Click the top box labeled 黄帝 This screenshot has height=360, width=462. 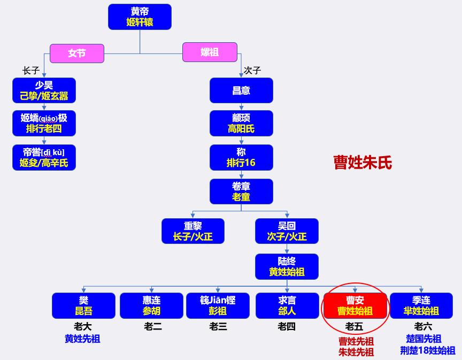pos(140,17)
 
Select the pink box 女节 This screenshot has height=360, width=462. pos(77,53)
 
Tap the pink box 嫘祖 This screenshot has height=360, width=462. pos(210,52)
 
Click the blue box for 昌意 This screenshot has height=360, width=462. pos(241,90)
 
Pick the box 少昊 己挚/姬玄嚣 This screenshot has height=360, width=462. pos(44,90)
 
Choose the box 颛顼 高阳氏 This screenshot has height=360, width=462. pos(241,123)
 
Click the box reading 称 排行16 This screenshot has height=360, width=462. pos(241,157)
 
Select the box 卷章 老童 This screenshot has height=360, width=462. pos(241,192)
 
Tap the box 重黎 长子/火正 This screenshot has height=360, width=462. pos(193,231)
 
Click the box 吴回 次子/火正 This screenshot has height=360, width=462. pos(287,231)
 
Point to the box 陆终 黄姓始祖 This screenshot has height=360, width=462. pos(287,266)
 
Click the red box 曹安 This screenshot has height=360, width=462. pos(355,305)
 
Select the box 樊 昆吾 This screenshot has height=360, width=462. pos(83,305)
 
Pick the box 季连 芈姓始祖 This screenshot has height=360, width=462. pos(421,305)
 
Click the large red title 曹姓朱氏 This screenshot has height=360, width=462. pos(363,163)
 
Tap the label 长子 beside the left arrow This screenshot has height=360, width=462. pos(30,70)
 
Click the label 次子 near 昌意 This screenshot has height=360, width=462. pos(252,70)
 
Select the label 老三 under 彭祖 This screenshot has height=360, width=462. pos(218,326)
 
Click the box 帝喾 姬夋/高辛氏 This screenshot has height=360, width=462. pos(44,158)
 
